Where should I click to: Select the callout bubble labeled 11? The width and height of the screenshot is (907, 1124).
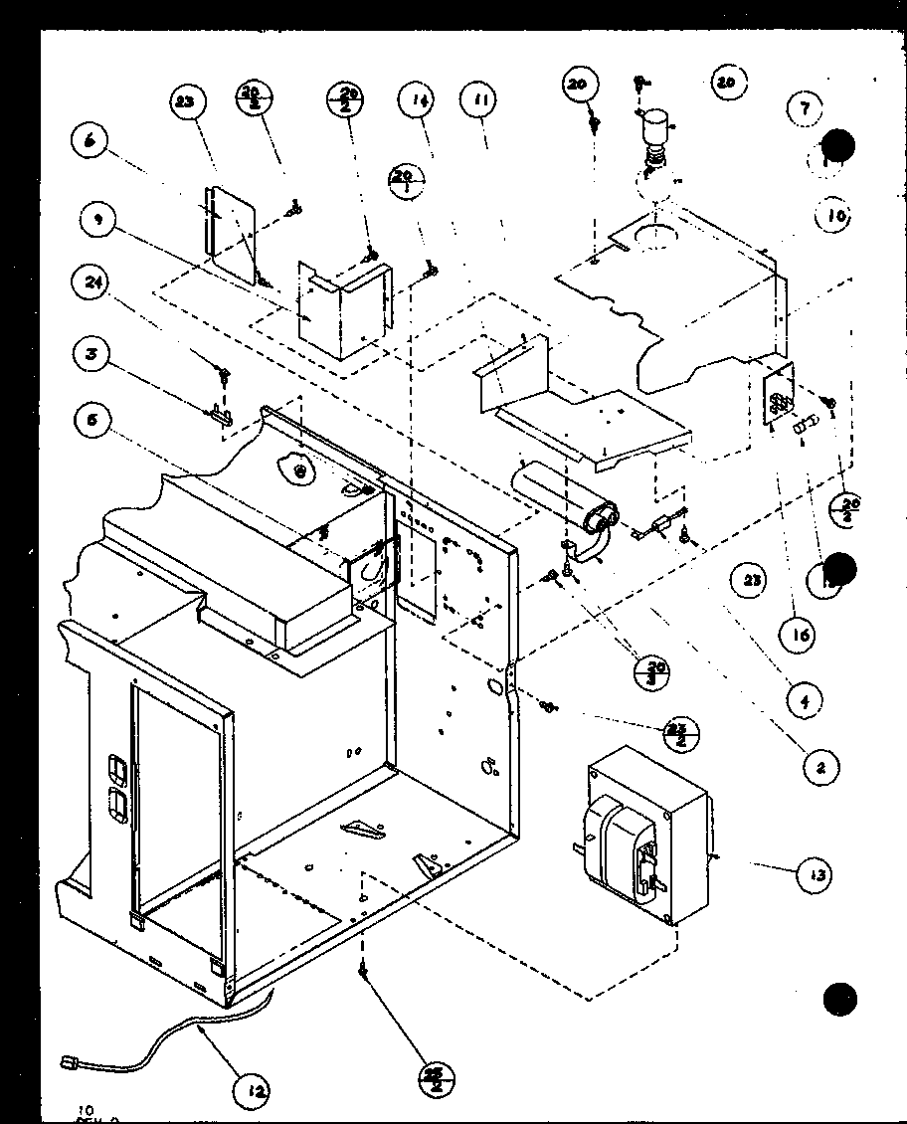(480, 101)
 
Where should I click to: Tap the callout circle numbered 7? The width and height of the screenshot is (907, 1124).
(805, 109)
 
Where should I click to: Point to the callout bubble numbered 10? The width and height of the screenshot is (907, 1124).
(833, 215)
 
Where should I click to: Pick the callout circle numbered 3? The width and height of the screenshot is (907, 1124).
(91, 354)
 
